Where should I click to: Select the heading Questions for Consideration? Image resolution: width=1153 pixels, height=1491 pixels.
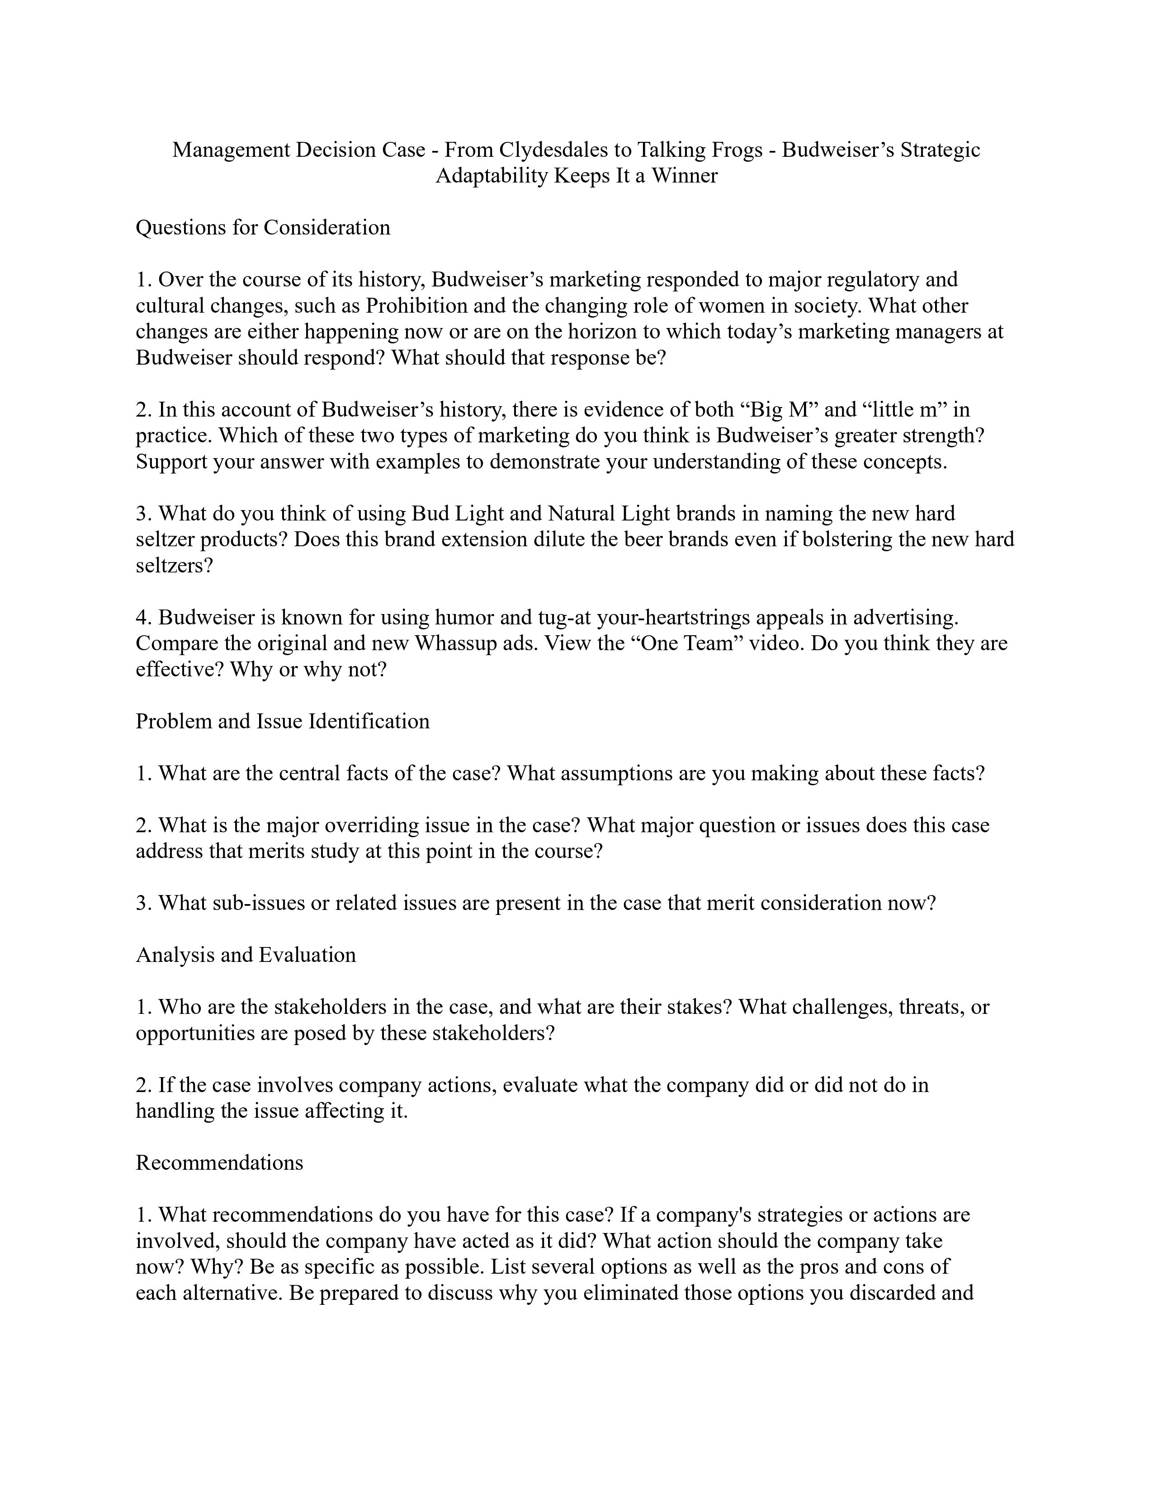[263, 227]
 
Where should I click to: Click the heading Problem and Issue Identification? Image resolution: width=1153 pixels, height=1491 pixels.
[283, 722]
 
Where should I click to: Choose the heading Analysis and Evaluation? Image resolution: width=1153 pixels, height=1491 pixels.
[246, 954]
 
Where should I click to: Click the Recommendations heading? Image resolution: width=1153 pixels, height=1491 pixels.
[219, 1163]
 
